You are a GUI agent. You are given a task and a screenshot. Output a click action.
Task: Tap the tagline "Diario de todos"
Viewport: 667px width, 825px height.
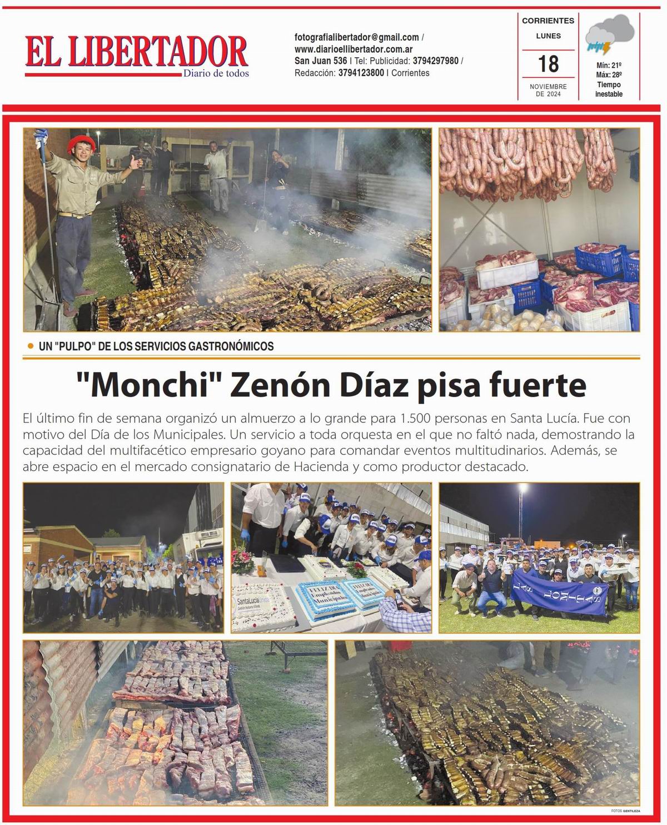point(216,73)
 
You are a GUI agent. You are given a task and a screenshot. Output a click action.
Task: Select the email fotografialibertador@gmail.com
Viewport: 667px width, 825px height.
point(356,37)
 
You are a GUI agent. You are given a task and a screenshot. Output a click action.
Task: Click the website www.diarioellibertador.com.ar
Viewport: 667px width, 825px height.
point(353,49)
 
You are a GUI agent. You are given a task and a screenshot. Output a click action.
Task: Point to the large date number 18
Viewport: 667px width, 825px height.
point(548,64)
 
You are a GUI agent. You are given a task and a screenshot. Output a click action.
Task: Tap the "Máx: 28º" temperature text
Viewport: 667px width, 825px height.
point(609,74)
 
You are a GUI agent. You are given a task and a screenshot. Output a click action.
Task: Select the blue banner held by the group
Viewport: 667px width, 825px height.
point(559,591)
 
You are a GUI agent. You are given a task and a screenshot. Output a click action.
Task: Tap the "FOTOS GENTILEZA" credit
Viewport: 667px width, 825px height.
point(625,811)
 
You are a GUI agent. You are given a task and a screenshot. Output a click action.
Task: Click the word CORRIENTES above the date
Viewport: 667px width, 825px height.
point(548,21)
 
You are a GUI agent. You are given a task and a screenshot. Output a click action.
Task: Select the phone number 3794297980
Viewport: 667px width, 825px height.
point(435,61)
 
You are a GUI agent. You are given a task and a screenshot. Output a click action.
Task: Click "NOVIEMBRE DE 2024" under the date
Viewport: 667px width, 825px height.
point(548,90)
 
